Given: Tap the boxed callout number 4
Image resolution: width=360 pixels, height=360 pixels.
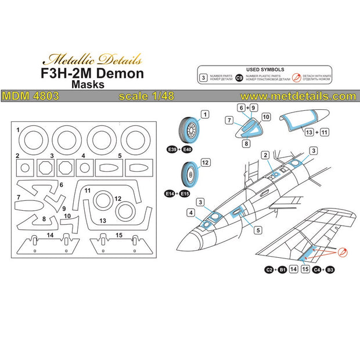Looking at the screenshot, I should pyautogui.click(x=191, y=214).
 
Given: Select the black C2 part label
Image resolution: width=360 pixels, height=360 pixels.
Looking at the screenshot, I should pyautogui.click(x=269, y=270).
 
